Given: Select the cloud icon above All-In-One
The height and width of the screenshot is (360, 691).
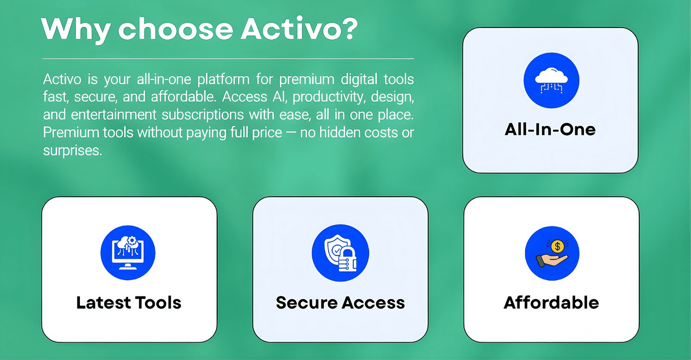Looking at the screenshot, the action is point(551,80).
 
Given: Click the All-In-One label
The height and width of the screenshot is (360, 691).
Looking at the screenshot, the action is point(550,129).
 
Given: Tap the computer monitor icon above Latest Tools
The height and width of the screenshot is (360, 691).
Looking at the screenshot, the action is point(128,253).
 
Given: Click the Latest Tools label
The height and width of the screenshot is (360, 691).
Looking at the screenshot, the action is point(129,303).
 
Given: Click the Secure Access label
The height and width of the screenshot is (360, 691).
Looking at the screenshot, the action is point(340,303).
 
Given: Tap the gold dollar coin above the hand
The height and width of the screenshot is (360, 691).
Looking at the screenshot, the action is point(558,246).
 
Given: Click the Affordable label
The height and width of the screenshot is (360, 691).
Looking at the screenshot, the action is point(551,303).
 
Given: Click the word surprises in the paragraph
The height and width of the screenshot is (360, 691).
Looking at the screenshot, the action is point(73,151).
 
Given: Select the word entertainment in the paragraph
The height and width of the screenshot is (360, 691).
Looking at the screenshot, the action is point(114,115).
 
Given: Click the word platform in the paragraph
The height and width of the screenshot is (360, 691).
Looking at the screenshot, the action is point(223,80).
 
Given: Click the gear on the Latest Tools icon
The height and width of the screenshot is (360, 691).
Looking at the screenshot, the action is point(132,241).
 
